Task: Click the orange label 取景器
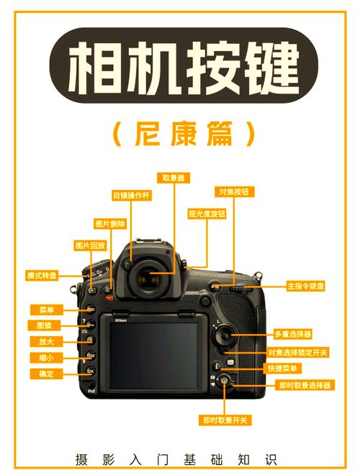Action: pyautogui.click(x=173, y=177)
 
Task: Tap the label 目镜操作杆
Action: pyautogui.click(x=130, y=194)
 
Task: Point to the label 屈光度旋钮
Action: pyautogui.click(x=207, y=214)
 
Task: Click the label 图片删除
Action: pyautogui.click(x=109, y=224)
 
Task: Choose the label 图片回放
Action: pyautogui.click(x=91, y=245)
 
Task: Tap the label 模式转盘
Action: pyautogui.click(x=42, y=275)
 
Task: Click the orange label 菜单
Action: pyautogui.click(x=46, y=310)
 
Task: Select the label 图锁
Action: pyautogui.click(x=46, y=325)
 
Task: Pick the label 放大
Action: pyautogui.click(x=46, y=341)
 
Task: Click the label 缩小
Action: pyautogui.click(x=46, y=358)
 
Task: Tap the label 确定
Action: pyautogui.click(x=46, y=374)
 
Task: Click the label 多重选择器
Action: pyautogui.click(x=293, y=334)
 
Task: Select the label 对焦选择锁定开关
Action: pyautogui.click(x=298, y=352)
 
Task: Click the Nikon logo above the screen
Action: pyautogui.click(x=122, y=322)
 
